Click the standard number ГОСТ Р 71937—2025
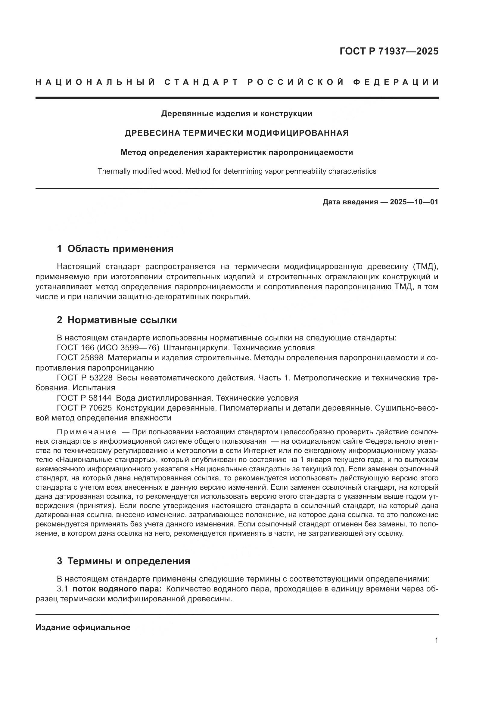coord(389,51)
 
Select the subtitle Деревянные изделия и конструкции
coord(237,114)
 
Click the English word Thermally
coord(114,171)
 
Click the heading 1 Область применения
coord(115,249)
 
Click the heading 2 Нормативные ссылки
coord(117,320)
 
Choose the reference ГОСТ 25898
coord(80,358)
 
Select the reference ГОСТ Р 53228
coord(85,378)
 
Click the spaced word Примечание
coord(86,432)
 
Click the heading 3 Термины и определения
coord(123,561)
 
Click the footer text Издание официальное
coord(83,627)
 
